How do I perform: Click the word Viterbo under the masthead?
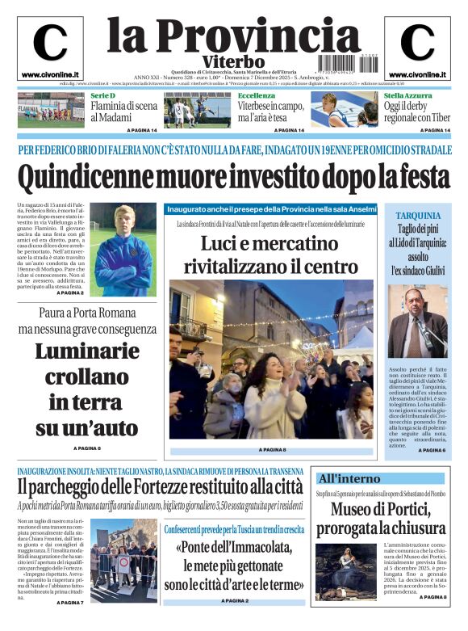click(x=233, y=62)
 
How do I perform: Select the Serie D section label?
click(x=102, y=96)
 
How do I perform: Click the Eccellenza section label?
click(x=257, y=96)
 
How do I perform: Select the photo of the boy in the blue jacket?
click(x=123, y=249)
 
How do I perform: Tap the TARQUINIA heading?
click(x=418, y=216)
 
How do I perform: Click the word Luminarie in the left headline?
click(x=87, y=352)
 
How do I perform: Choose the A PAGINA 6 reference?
click(x=432, y=450)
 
